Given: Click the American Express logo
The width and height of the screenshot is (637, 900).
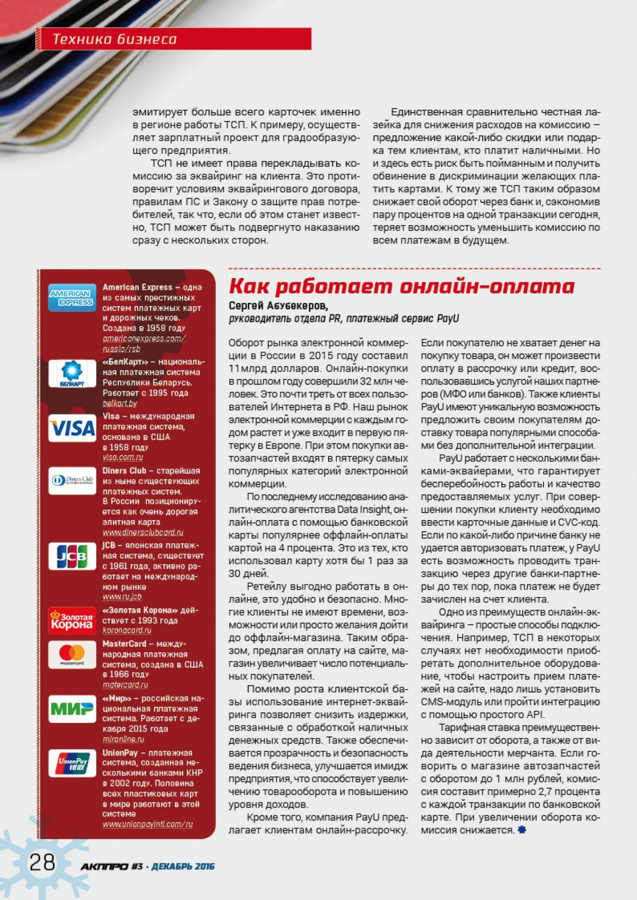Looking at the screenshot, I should (x=72, y=298).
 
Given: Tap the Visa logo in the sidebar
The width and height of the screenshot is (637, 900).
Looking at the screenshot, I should (x=72, y=428).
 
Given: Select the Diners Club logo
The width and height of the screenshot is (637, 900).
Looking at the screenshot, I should (x=72, y=481).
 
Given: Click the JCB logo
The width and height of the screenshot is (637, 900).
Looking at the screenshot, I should (x=72, y=557).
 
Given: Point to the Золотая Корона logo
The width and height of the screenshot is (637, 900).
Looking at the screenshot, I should (x=72, y=621).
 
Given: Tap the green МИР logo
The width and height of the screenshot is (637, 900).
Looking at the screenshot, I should (x=72, y=708).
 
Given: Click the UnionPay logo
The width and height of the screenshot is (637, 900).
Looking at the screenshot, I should (x=72, y=765).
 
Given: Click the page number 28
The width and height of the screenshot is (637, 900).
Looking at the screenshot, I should (x=42, y=862).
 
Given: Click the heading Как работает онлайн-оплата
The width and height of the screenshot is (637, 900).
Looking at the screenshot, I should (x=401, y=287).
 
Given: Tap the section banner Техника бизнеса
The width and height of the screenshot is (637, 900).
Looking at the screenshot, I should (x=115, y=39).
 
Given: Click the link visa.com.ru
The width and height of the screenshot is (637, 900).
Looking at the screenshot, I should (x=123, y=457).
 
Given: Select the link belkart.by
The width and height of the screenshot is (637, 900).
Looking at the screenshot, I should (x=120, y=403).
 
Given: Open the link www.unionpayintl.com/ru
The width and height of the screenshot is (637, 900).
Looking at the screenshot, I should (x=148, y=824).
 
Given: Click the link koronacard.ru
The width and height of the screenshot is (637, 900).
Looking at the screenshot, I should (x=127, y=630).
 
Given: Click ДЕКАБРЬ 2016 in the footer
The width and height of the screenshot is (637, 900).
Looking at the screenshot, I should (x=183, y=867).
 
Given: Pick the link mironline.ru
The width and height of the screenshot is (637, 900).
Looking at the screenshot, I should (x=124, y=739).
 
